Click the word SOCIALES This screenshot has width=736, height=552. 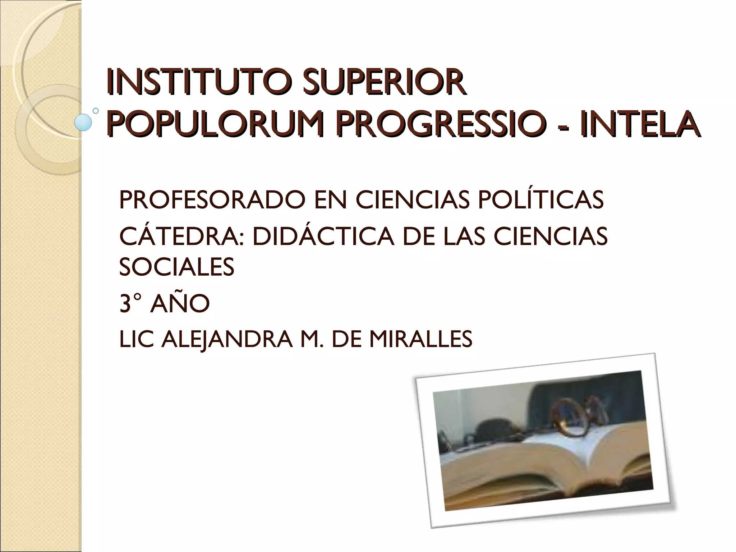[176, 267]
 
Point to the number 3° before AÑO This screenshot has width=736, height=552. [130, 304]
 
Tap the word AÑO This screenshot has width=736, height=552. [180, 304]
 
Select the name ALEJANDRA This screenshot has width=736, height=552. [227, 339]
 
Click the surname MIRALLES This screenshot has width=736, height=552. [420, 339]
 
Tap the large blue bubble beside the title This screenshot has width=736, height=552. [83, 122]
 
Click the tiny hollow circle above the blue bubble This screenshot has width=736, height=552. [96, 111]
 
